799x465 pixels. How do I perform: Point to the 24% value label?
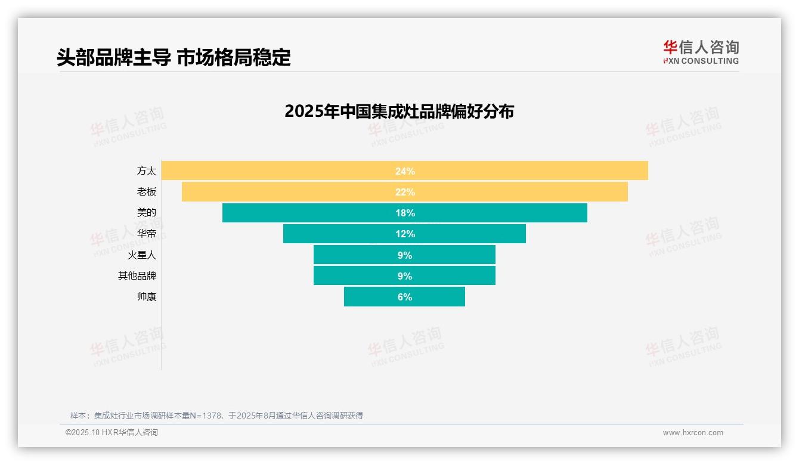point(405,171)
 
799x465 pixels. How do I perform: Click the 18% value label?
point(405,213)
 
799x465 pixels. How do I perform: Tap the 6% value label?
point(405,297)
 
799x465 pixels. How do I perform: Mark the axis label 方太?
point(147,170)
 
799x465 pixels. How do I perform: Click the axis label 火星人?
point(142,255)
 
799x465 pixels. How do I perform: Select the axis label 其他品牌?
point(137,276)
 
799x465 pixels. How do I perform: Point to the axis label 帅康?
point(147,297)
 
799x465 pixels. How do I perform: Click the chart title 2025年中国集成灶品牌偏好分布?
point(399,111)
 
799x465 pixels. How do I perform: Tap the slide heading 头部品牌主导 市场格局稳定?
point(174,57)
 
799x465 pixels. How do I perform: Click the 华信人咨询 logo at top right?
point(701,52)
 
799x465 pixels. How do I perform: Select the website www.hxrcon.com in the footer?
point(693,433)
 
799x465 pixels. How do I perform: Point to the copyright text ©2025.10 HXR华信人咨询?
point(112,433)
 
